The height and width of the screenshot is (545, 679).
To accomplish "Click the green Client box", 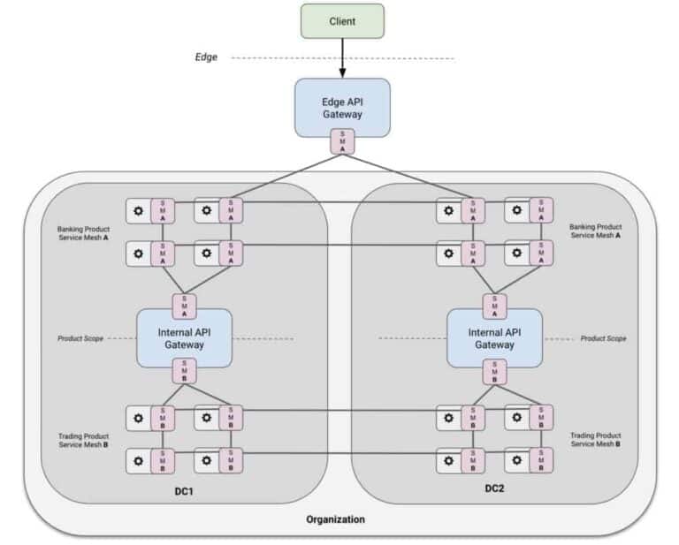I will pos(342,21).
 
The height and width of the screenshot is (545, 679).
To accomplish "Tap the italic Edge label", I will pos(206,57).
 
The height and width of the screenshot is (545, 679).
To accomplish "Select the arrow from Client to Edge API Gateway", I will pos(342,60).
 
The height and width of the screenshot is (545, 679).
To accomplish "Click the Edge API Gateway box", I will pos(342,108).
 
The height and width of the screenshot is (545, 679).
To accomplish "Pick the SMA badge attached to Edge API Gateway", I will pos(343,140).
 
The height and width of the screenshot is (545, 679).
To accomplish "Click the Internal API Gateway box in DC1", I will pos(184,337).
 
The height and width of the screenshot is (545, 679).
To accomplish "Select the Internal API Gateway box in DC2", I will pos(495,337).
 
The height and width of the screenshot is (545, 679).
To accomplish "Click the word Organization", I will pos(335,519).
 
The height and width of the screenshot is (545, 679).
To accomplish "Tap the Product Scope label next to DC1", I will pos(82,337).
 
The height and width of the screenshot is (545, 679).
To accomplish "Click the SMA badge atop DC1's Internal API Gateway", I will pos(184,304).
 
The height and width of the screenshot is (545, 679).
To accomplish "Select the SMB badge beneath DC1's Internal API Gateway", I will pos(184,372).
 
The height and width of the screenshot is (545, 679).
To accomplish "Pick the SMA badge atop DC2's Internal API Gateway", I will pos(495,304).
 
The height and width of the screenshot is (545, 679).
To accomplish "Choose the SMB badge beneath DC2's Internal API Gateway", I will pos(495,372).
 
